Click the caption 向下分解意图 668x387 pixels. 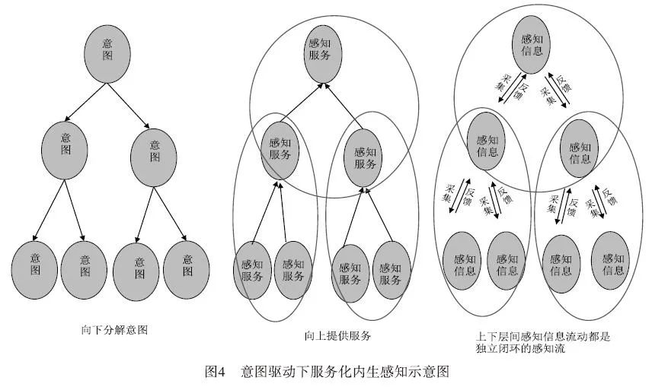click(x=114, y=330)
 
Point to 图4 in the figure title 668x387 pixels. click(x=216, y=372)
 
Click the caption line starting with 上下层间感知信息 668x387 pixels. click(x=540, y=335)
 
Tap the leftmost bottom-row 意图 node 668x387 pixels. click(x=34, y=268)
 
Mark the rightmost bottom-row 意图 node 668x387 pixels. click(x=187, y=268)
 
